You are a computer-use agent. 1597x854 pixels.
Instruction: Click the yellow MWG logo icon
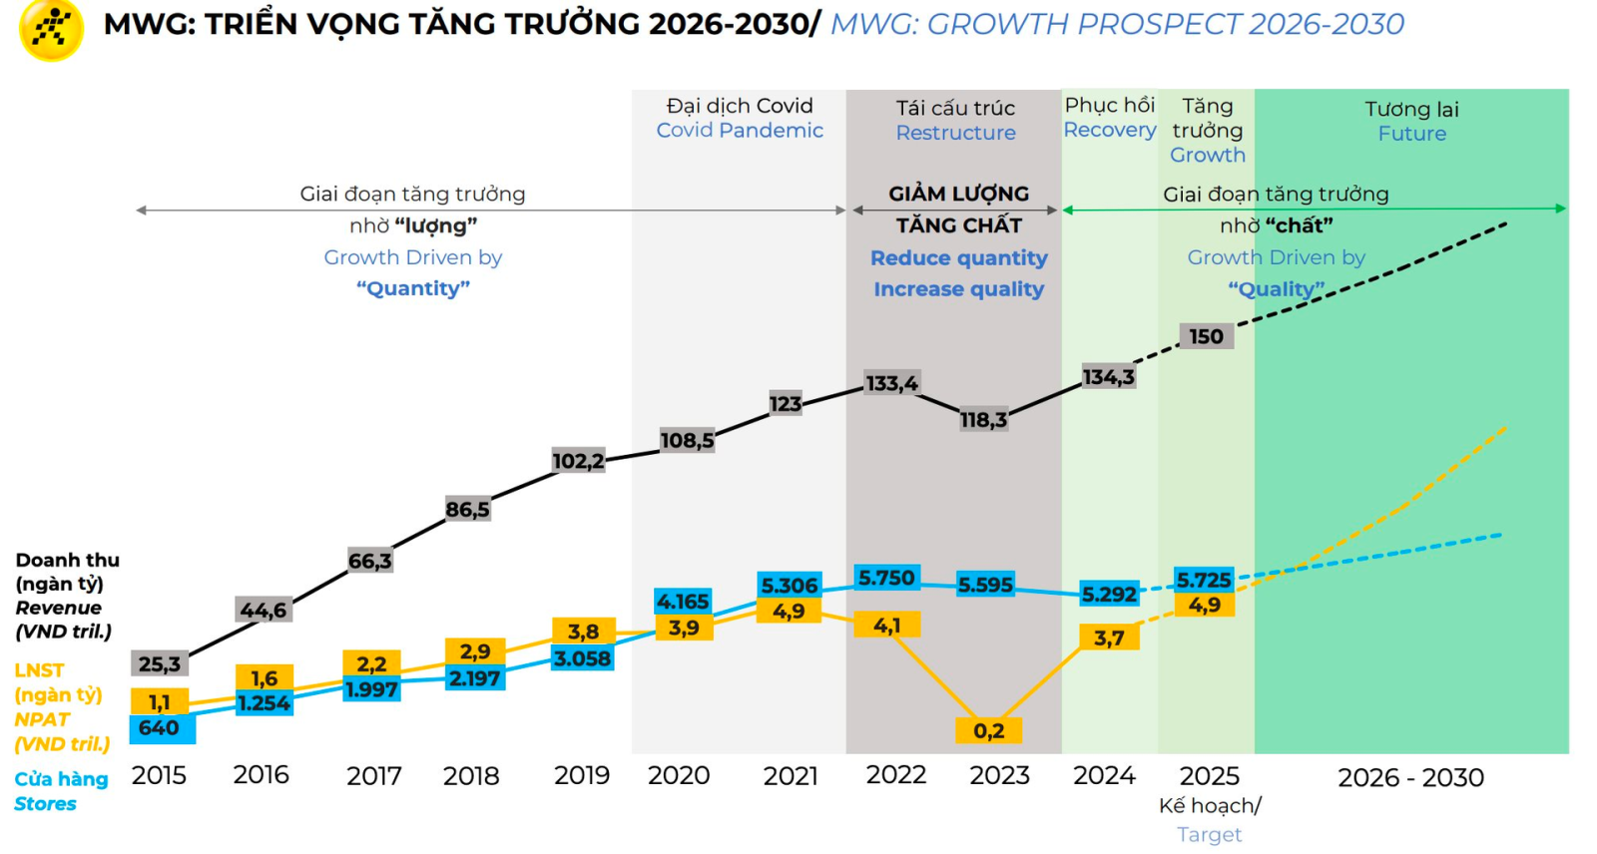pyautogui.click(x=51, y=30)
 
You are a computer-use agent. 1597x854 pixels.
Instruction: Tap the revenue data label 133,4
pyautogui.click(x=891, y=383)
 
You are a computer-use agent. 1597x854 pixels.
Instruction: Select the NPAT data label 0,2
pyautogui.click(x=988, y=730)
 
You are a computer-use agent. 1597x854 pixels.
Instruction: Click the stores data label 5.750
pyautogui.click(x=886, y=578)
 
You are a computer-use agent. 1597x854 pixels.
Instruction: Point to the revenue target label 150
pyautogui.click(x=1206, y=336)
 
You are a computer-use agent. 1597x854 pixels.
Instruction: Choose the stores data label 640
pyautogui.click(x=160, y=728)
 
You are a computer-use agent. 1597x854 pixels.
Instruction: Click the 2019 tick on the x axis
pyautogui.click(x=582, y=775)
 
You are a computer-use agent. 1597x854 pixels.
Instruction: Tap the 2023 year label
pyautogui.click(x=999, y=775)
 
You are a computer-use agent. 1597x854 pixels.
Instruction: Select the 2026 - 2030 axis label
pyautogui.click(x=1410, y=777)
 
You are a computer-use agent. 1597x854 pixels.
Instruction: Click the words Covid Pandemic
pyautogui.click(x=740, y=131)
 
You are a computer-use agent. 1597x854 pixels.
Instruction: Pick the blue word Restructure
pyautogui.click(x=955, y=133)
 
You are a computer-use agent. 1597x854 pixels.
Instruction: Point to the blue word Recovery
pyautogui.click(x=1109, y=130)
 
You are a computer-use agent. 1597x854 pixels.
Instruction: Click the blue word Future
pyautogui.click(x=1411, y=134)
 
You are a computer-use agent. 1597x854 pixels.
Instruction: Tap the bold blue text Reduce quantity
pyautogui.click(x=958, y=258)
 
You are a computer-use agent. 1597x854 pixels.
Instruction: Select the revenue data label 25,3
pyautogui.click(x=160, y=663)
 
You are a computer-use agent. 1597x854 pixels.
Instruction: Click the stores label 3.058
pyautogui.click(x=583, y=658)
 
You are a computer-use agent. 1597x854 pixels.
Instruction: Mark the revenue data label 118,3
pyautogui.click(x=983, y=420)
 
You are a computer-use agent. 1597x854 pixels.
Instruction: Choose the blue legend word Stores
pyautogui.click(x=45, y=804)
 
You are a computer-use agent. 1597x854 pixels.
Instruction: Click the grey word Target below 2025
pyautogui.click(x=1209, y=834)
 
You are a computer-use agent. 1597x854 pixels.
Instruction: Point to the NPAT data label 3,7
pyautogui.click(x=1109, y=638)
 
